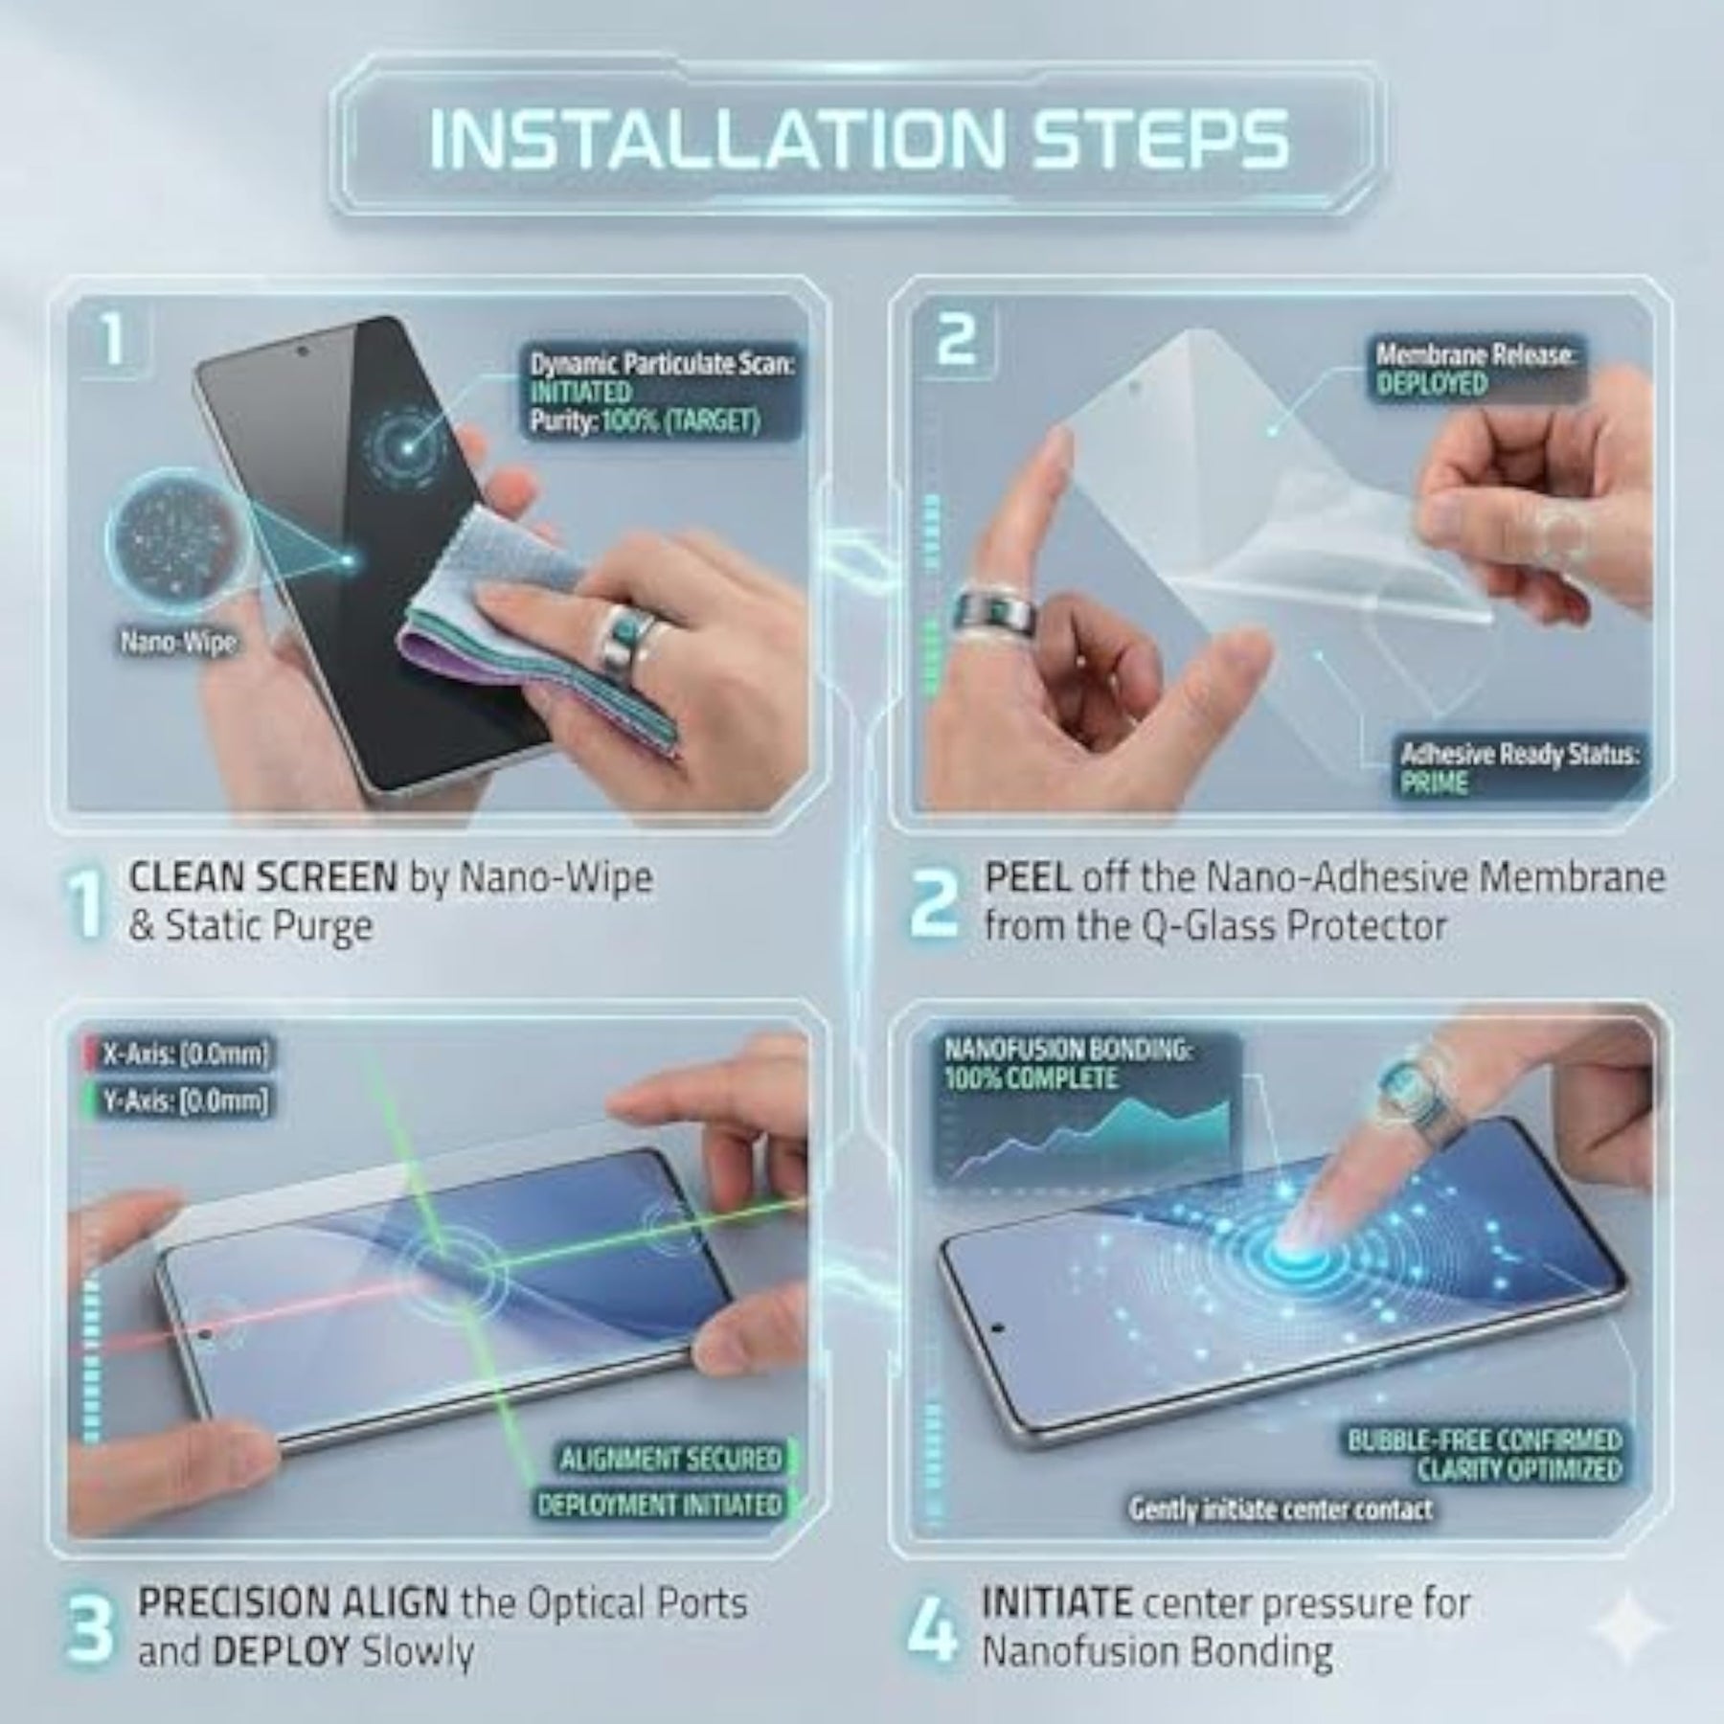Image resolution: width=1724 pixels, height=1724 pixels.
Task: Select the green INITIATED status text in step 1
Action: [580, 393]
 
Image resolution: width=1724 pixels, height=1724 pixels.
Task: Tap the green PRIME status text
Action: [1434, 783]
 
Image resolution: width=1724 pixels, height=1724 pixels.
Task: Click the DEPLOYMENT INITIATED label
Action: [660, 1505]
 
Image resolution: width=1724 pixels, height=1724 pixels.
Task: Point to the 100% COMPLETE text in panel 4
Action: [1031, 1078]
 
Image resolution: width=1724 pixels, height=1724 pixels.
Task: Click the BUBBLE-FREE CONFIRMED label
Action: [1485, 1440]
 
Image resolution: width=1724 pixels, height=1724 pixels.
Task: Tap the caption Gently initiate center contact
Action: [1281, 1510]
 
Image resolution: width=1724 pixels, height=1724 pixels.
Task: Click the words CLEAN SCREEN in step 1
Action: [263, 877]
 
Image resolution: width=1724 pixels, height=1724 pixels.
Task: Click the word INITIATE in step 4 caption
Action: [1057, 1601]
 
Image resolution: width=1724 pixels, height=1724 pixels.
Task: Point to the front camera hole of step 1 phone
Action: [304, 351]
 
